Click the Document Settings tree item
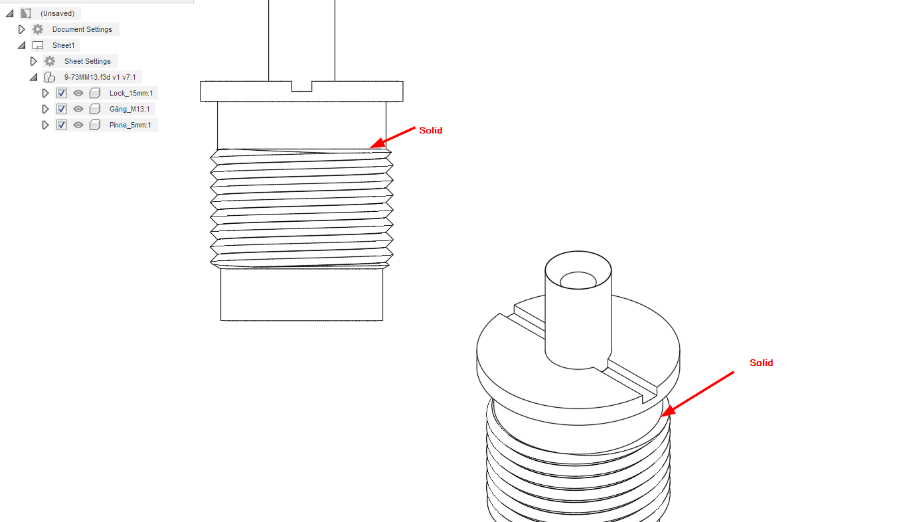[82, 29]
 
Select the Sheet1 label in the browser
[64, 45]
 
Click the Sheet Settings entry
[87, 61]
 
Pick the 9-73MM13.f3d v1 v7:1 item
[100, 77]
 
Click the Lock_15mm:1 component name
[131, 94]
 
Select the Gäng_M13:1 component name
[129, 109]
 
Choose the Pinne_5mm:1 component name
[130, 126]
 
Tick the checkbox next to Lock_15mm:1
[61, 94]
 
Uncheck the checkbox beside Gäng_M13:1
[61, 109]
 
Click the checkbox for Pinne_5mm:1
[61, 126]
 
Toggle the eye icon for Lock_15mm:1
[78, 94]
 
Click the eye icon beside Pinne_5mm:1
[78, 126]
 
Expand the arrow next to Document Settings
[22, 29]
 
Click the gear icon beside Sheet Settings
[50, 61]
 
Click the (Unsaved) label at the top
[57, 13]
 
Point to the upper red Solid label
[431, 130]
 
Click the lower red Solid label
[761, 363]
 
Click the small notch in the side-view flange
[302, 86]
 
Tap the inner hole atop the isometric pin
[578, 280]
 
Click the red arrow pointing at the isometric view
[697, 394]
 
